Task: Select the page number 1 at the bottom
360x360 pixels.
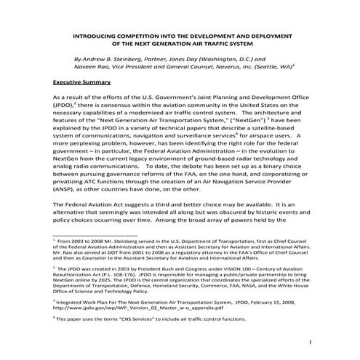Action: (311, 343)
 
